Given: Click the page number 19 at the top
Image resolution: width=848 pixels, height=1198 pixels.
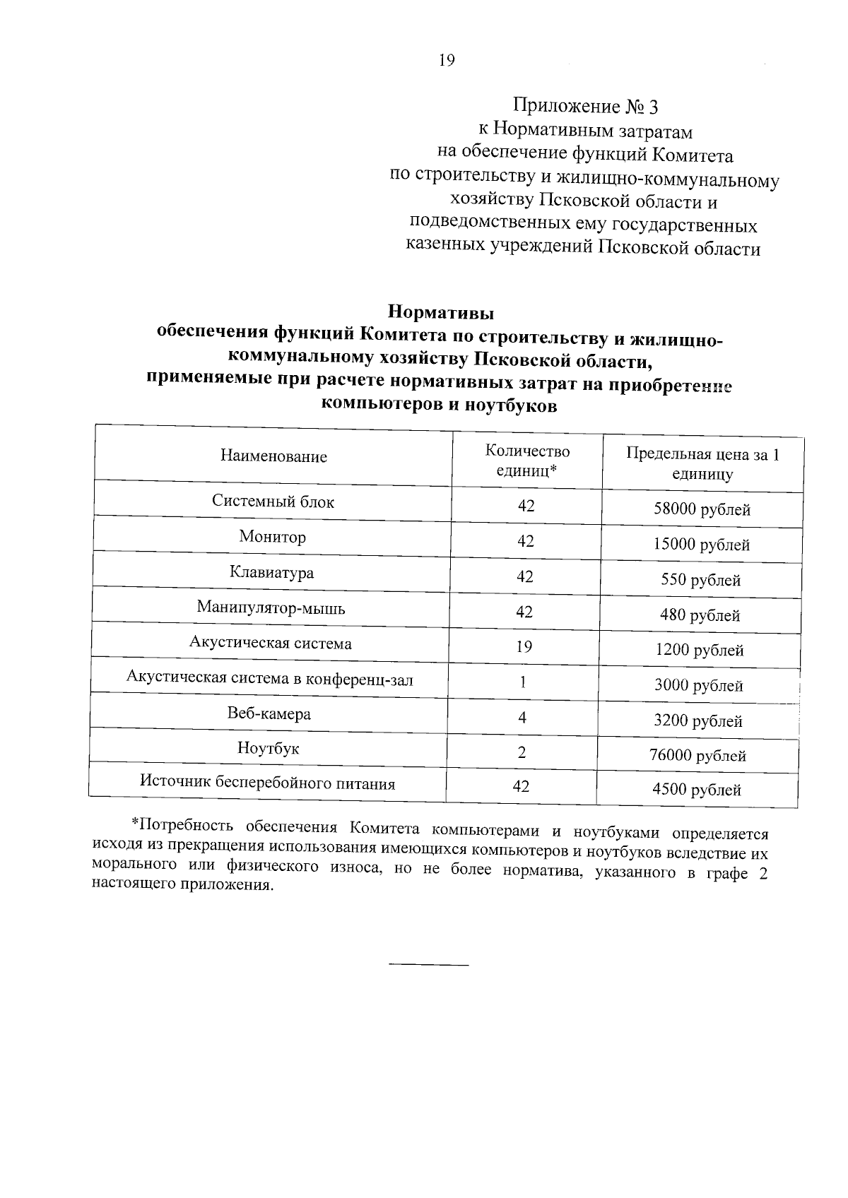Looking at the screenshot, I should pos(447,60).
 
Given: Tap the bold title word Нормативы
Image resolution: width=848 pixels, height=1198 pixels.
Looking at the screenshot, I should pos(442,312).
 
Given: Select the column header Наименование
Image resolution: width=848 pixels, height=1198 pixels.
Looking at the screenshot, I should pos(273,456).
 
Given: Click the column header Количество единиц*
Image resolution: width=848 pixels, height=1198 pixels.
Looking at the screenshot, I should pos(527,461).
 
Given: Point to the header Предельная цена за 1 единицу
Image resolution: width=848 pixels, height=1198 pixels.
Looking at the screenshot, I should pos(702,464).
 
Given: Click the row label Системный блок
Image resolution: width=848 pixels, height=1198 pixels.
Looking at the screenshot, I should pos(273,502).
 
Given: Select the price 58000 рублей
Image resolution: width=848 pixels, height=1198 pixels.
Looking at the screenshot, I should pos(702,509).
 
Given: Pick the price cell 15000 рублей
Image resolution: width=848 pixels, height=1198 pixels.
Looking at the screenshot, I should pos(702,545).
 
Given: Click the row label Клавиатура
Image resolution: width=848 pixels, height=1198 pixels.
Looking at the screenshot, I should pos(272,572).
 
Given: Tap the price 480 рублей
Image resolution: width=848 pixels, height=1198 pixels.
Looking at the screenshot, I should pos(700,615).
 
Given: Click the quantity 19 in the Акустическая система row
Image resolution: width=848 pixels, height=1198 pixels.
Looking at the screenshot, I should pos(524,646).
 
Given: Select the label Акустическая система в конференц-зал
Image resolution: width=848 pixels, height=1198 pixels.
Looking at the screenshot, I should pos(269,680).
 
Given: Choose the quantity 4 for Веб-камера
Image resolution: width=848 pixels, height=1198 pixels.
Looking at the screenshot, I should pos(522,718).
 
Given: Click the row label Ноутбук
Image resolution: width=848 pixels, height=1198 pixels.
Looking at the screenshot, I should pos(269,749).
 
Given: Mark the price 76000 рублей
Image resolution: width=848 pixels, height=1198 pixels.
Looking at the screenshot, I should pos(697,756).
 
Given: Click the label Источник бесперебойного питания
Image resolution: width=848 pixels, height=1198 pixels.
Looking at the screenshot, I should pos(267,783).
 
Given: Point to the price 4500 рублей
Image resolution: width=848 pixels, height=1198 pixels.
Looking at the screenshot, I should pos(697,790).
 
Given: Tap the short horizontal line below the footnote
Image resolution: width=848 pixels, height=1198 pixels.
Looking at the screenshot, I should pos(429,964).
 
